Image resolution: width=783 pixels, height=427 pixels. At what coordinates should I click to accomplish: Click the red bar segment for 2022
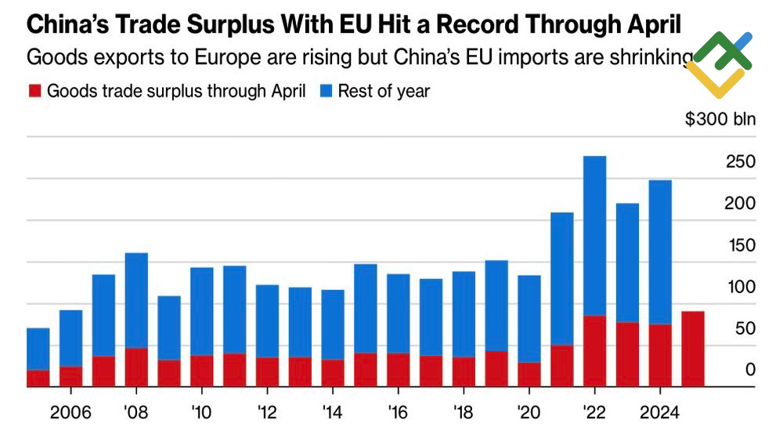tap(594, 351)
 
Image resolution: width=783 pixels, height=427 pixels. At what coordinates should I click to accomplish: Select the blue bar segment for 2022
tap(594, 235)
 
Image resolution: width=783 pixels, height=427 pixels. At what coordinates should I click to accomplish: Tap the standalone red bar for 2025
tap(692, 349)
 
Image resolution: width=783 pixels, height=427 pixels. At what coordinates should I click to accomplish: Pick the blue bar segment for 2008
tap(136, 300)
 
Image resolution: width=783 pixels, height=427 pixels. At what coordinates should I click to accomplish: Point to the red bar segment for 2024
tap(659, 355)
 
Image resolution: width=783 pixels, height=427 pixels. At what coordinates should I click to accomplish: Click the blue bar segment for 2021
tap(561, 278)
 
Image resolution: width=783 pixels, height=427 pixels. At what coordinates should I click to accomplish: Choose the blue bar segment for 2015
tap(366, 308)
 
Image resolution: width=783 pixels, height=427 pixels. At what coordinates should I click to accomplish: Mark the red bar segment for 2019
tap(496, 368)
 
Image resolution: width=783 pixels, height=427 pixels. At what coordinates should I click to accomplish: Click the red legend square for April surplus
tap(34, 91)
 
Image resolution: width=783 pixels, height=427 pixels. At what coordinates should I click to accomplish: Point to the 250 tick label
tap(740, 162)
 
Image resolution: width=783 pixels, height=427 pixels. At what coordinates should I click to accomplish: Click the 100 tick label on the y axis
tap(740, 287)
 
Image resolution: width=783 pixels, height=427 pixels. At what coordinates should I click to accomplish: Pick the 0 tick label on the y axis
tap(750, 370)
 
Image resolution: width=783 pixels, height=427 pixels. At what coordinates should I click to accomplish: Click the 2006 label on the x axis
tap(70, 411)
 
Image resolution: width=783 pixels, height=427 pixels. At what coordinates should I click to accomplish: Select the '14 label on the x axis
tap(333, 411)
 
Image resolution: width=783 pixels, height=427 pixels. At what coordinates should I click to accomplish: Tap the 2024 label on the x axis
tap(659, 411)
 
